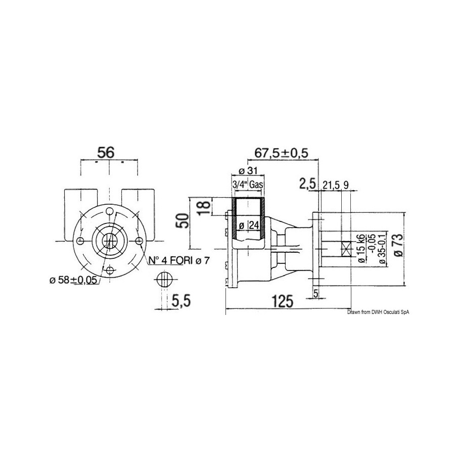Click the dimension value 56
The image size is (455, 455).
(x=106, y=153)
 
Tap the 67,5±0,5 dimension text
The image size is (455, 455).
(x=281, y=153)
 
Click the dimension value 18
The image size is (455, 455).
(x=205, y=207)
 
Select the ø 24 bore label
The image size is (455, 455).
(x=248, y=225)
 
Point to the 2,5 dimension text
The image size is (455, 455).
(x=307, y=185)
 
